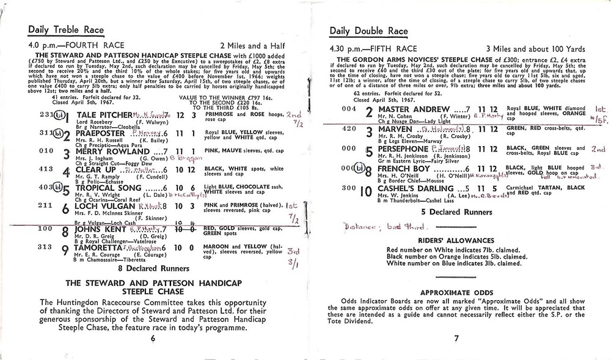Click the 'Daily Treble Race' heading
(66, 31)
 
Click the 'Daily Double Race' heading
(368, 31)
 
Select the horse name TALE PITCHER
(103, 115)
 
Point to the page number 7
(456, 338)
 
